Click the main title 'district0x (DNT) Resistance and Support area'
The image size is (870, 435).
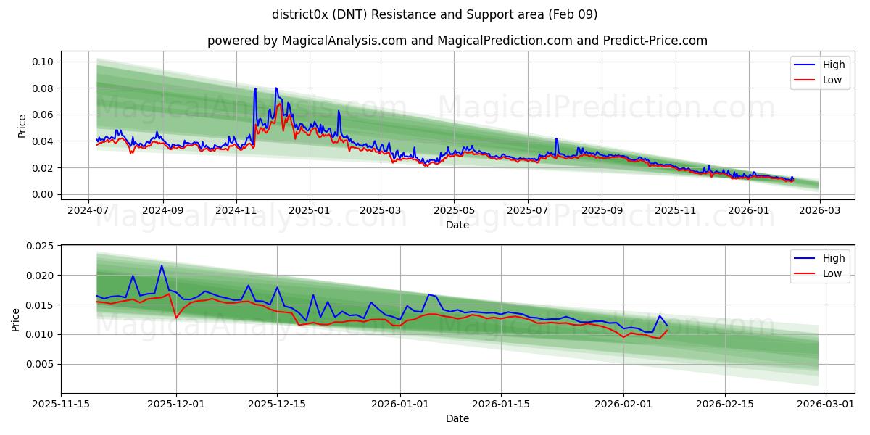435,14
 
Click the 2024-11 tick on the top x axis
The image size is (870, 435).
236,210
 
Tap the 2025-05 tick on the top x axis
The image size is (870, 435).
454,210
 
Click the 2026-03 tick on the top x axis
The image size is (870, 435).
819,210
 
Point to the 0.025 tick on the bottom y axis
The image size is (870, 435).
41,246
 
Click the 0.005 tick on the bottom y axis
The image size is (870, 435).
41,364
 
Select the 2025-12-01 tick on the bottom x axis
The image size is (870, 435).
176,404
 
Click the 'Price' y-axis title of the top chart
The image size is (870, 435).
22,126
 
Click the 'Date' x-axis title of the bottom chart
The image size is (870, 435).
457,418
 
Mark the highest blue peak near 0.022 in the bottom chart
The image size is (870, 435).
162,265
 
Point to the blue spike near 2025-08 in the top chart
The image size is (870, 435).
556,138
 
